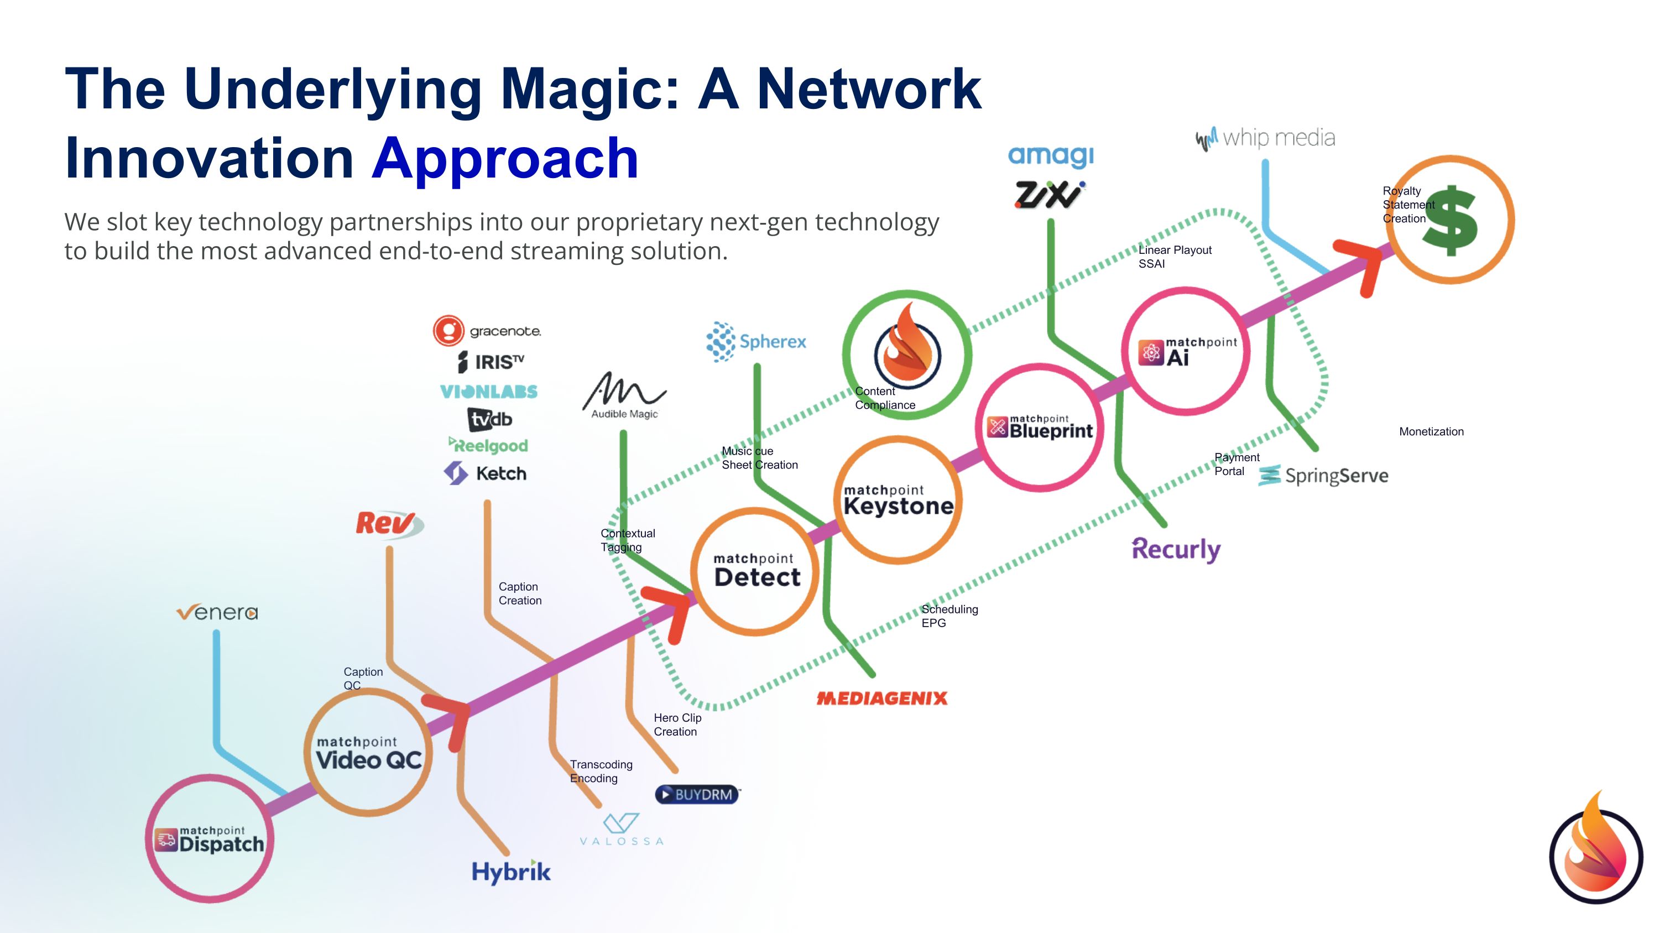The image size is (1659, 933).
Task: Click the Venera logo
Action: click(217, 612)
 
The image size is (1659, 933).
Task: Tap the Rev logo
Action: click(388, 524)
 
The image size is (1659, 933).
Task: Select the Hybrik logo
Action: click(511, 872)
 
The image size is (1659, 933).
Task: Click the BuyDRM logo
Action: click(697, 795)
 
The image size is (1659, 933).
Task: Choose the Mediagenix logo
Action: click(881, 699)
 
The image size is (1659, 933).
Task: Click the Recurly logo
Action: click(1176, 549)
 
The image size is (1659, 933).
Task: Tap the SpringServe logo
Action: click(1323, 476)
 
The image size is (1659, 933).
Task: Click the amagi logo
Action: click(1050, 155)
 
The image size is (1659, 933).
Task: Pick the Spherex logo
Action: click(756, 341)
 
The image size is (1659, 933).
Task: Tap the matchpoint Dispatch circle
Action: click(209, 839)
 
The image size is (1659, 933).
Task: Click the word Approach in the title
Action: click(505, 158)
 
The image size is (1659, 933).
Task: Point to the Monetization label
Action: click(1431, 432)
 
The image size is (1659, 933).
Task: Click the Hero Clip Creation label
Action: click(677, 724)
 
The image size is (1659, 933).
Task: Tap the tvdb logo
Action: click(489, 419)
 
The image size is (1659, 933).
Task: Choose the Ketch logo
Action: click(486, 474)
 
